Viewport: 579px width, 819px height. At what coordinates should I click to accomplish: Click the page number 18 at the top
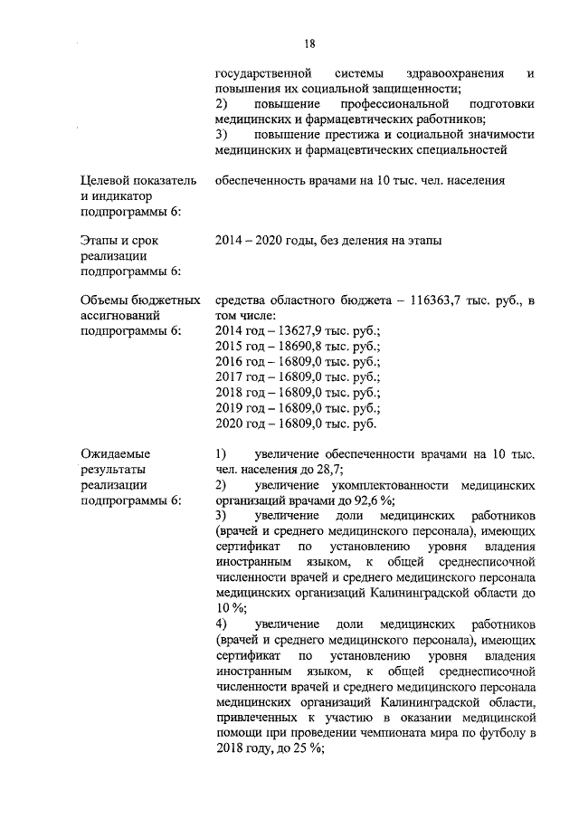(309, 42)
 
